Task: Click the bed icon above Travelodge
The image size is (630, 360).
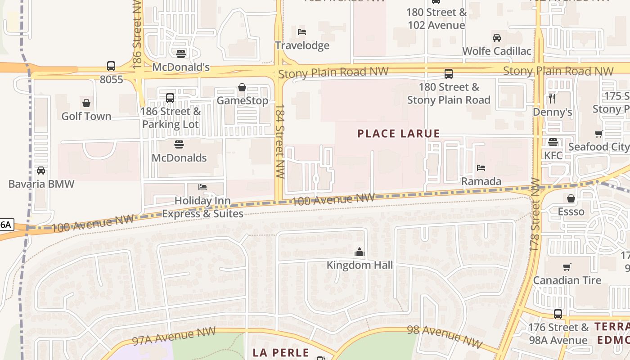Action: pos(302,32)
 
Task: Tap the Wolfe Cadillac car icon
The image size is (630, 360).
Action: pos(497,38)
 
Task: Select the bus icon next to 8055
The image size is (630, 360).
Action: pos(111,66)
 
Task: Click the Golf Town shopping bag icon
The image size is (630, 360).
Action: pos(86,103)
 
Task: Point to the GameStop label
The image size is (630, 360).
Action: pos(242,100)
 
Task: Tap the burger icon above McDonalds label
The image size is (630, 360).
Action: pos(179,144)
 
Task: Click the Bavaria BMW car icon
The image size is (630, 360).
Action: pos(41,171)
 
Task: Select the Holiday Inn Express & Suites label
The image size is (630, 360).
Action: pos(202,207)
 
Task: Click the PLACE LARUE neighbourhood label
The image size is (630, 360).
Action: pos(398,134)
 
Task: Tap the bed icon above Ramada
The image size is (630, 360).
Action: pos(481,168)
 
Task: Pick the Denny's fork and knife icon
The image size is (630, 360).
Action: pos(553,99)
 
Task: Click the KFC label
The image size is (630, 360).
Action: pos(553,155)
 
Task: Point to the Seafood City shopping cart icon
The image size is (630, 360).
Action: pos(598,134)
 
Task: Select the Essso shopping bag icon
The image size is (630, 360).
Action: pos(571,198)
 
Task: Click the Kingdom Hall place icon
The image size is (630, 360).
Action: pos(359,252)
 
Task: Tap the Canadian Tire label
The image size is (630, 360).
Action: pos(567,280)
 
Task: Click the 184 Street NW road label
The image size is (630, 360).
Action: pos(280,141)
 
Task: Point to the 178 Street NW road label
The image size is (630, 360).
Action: pos(535,213)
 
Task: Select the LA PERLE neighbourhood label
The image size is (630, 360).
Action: pos(281,352)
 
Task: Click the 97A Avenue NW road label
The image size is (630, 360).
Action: pos(174,336)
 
